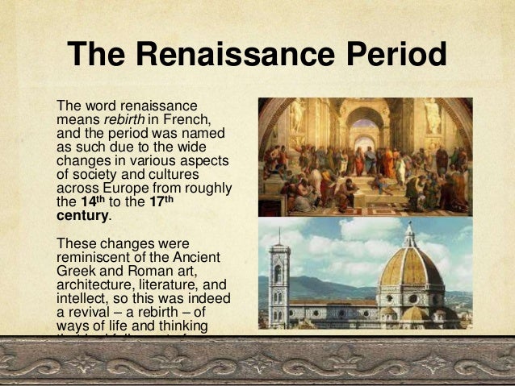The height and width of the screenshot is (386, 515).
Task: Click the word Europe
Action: tap(120, 189)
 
